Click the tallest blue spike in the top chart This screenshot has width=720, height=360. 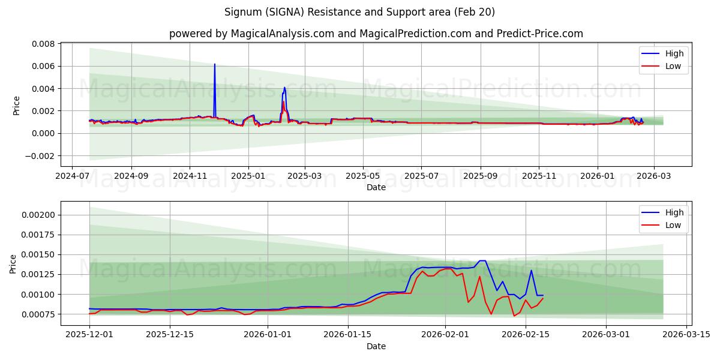pos(214,65)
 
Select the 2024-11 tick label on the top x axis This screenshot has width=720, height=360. pos(190,176)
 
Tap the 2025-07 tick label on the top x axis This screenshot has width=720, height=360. pos(421,176)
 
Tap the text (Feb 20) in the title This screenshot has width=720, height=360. pos(474,12)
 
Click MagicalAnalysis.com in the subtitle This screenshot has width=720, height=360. pos(282,34)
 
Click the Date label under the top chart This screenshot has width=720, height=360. pos(376,187)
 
